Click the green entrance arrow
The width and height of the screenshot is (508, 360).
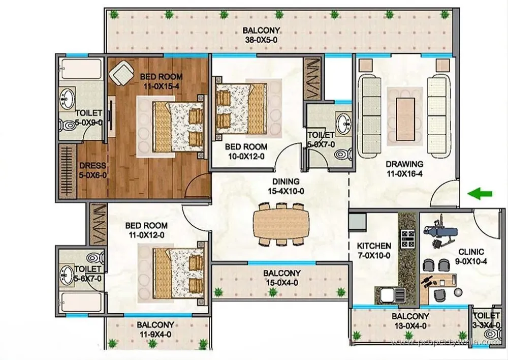pyautogui.click(x=480, y=194)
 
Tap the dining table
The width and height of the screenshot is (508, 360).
pyautogui.click(x=281, y=224)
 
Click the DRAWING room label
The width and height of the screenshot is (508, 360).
pyautogui.click(x=405, y=164)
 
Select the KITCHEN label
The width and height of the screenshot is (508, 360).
pyautogui.click(x=374, y=246)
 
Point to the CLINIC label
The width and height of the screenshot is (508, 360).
pyautogui.click(x=471, y=252)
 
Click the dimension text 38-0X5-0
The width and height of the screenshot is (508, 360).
pyautogui.click(x=262, y=40)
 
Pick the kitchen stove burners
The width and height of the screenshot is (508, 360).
pyautogui.click(x=407, y=238)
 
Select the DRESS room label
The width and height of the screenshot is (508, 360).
pyautogui.click(x=92, y=165)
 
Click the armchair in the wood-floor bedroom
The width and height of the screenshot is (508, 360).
pyautogui.click(x=122, y=74)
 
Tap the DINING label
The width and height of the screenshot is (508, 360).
pyautogui.click(x=285, y=182)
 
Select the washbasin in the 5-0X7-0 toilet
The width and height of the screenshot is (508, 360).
pyautogui.click(x=344, y=124)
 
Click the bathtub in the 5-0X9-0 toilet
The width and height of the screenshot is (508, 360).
pyautogui.click(x=81, y=69)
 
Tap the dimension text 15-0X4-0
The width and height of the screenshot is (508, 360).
pyautogui.click(x=282, y=283)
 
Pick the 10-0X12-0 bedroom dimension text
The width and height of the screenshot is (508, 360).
pyautogui.click(x=246, y=156)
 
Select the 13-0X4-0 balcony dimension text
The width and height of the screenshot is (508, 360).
pyautogui.click(x=410, y=326)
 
